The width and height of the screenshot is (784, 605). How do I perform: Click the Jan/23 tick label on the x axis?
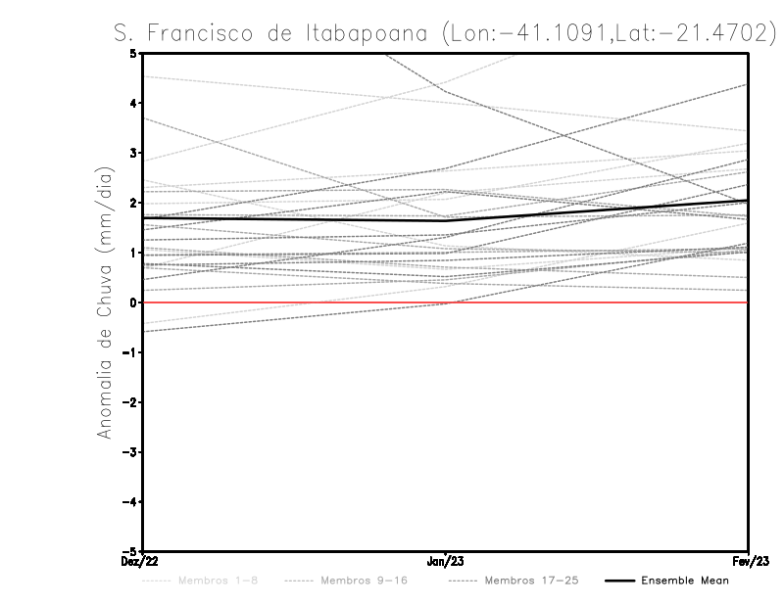(x=446, y=561)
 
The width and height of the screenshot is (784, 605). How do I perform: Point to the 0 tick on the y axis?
(x=135, y=302)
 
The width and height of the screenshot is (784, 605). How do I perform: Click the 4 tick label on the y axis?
(x=135, y=104)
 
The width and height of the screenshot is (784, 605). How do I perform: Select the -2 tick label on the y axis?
(x=131, y=402)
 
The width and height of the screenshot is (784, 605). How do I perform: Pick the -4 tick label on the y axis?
(x=131, y=502)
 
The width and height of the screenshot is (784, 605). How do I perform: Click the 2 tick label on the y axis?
(x=135, y=204)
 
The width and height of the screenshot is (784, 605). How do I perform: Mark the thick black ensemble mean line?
(x=294, y=218)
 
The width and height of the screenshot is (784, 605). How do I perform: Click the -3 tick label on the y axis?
(x=131, y=452)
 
